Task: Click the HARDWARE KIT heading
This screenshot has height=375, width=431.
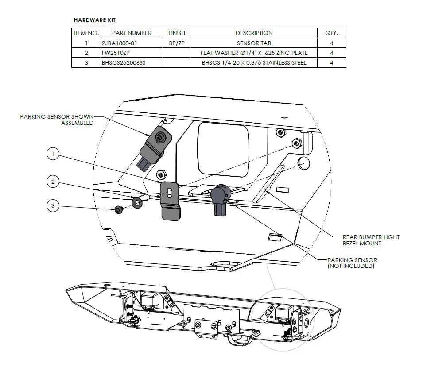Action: (x=95, y=20)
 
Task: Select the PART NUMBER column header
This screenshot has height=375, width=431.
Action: (x=132, y=33)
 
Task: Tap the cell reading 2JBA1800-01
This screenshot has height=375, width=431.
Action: (x=119, y=43)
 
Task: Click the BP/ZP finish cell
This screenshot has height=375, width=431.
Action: (x=176, y=43)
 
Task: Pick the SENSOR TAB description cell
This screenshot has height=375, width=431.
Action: (x=254, y=43)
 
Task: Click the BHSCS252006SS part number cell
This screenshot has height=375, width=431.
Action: (x=124, y=63)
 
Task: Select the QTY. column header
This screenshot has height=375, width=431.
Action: (x=331, y=33)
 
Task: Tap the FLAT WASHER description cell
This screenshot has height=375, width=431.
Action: (x=254, y=53)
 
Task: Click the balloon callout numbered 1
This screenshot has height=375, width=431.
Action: (x=53, y=154)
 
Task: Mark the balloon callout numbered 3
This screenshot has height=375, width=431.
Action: (x=53, y=206)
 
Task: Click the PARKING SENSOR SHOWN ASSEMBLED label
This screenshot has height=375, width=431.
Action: (x=57, y=120)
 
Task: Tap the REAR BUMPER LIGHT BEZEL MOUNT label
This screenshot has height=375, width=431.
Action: (x=371, y=240)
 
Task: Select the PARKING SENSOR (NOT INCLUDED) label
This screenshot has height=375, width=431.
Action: (x=352, y=263)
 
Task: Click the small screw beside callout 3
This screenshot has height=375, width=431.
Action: (x=119, y=210)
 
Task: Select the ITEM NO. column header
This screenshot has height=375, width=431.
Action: (x=86, y=33)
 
